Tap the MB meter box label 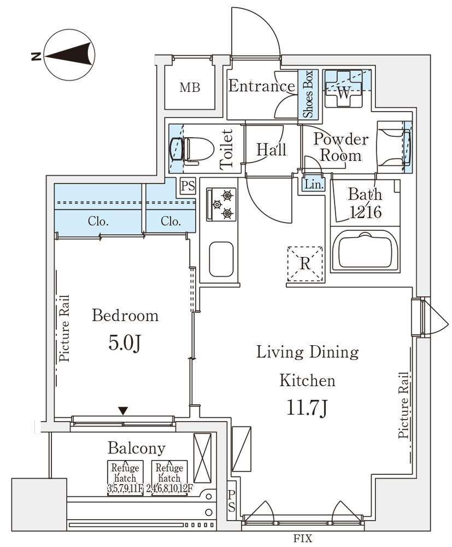[190, 87]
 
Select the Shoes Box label [308, 94]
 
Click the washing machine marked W [344, 89]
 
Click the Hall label [271, 149]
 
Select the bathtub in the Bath [365, 250]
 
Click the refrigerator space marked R [305, 264]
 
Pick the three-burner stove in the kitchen [221, 205]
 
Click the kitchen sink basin [221, 259]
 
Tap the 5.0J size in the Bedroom [125, 344]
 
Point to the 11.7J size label [307, 407]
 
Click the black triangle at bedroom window [122, 411]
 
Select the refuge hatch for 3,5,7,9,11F [125, 478]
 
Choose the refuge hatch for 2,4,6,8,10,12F [169, 478]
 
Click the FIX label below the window [302, 538]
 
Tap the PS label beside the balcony [231, 501]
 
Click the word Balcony [136, 449]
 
